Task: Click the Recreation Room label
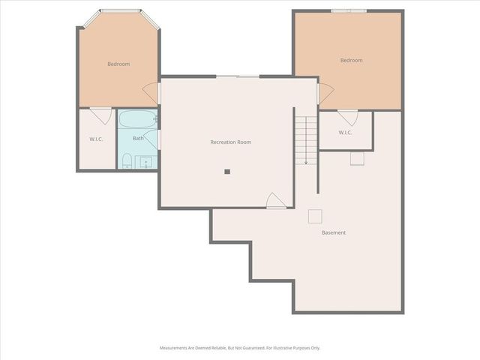(230, 142)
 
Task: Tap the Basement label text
(334, 232)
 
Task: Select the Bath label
(138, 138)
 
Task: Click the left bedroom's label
(118, 64)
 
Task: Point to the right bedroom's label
(351, 60)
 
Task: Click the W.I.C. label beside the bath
(96, 139)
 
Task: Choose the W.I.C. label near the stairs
(345, 133)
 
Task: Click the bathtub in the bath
(137, 119)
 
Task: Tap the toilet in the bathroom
(127, 160)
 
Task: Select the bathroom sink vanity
(145, 161)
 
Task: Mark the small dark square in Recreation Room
(227, 171)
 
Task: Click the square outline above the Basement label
(316, 216)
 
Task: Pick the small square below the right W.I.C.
(357, 158)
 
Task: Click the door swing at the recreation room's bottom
(276, 200)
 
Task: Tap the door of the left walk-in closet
(100, 115)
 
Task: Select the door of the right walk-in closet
(347, 118)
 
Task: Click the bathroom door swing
(153, 139)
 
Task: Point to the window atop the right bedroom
(349, 10)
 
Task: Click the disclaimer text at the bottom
(239, 348)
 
